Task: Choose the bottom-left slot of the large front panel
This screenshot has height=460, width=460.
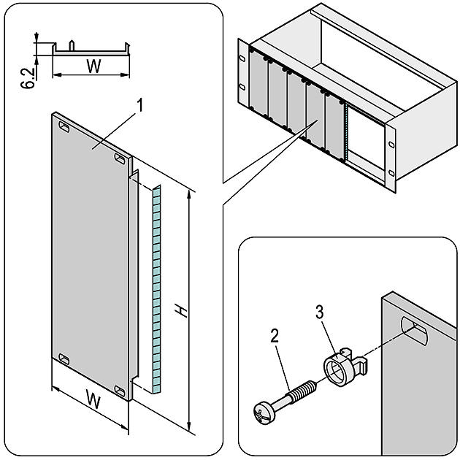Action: pos(64,359)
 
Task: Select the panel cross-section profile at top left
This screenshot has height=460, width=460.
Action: pos(91,50)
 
